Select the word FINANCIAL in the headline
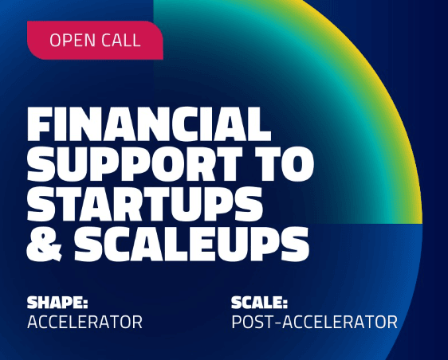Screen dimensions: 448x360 coord(149,124)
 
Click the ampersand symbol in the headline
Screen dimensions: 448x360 coord(45,244)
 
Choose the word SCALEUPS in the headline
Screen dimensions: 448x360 coord(191,244)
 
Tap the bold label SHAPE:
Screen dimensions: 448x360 coord(57,303)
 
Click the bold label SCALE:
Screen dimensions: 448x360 coord(259,303)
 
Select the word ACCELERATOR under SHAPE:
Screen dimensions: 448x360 coord(84,322)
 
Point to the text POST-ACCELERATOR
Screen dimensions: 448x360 coord(314,322)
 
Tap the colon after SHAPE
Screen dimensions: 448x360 coord(85,304)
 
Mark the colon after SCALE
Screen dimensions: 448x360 coord(285,304)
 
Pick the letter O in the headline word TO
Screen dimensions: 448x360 coord(297,164)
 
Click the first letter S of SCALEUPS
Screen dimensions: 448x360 coord(88,244)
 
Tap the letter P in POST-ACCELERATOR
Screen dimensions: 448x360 coord(237,322)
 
